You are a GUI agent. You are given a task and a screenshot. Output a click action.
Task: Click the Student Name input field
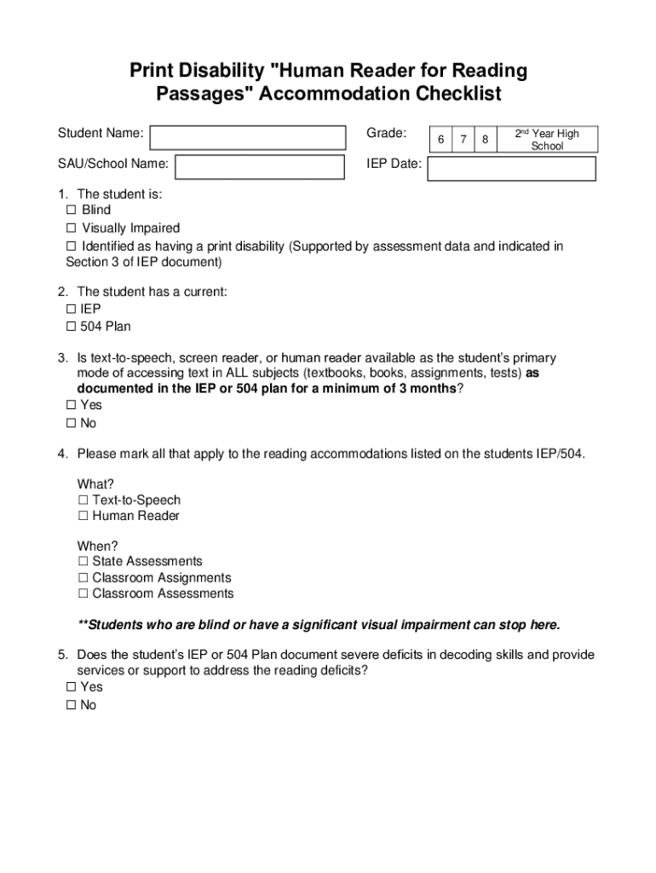pyautogui.click(x=248, y=137)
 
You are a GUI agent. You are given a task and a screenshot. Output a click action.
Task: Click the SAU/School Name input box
pyautogui.click(x=260, y=166)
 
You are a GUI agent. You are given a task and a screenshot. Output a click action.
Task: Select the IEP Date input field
pyautogui.click(x=511, y=168)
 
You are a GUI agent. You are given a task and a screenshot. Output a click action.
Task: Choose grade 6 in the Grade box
pyautogui.click(x=440, y=139)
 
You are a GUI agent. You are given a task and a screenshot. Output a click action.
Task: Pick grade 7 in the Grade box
pyautogui.click(x=463, y=139)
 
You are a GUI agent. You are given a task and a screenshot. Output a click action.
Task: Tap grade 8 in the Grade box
pyautogui.click(x=485, y=139)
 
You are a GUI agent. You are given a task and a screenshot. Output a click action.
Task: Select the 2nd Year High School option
pyautogui.click(x=548, y=139)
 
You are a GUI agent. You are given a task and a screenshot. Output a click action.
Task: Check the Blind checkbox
pyautogui.click(x=71, y=211)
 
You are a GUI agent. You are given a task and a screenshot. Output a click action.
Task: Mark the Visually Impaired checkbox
pyautogui.click(x=71, y=228)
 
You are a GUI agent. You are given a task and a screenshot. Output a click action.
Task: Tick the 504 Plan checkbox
pyautogui.click(x=71, y=327)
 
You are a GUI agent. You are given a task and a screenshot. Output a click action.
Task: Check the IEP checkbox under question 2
pyautogui.click(x=71, y=309)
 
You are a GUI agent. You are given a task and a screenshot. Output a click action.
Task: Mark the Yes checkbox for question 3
pyautogui.click(x=71, y=406)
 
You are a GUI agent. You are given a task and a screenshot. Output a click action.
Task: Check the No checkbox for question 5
pyautogui.click(x=71, y=706)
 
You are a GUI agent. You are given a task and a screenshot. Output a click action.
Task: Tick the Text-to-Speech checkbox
pyautogui.click(x=83, y=500)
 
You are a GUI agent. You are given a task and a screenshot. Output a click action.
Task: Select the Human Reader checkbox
pyautogui.click(x=83, y=517)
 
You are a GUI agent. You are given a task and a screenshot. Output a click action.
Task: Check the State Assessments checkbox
pyautogui.click(x=83, y=562)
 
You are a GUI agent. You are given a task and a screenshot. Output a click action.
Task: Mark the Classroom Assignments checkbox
pyautogui.click(x=83, y=578)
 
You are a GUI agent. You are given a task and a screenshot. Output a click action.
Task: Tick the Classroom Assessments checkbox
pyautogui.click(x=83, y=594)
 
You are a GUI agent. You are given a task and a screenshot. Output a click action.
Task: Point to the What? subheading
pyautogui.click(x=95, y=484)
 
